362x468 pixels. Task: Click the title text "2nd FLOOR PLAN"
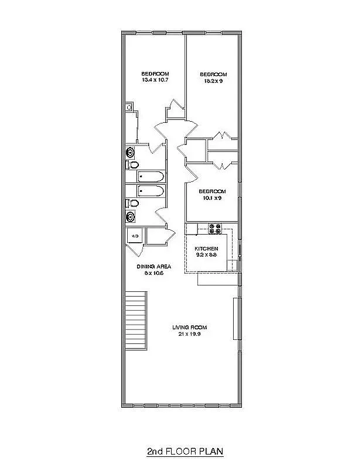tap(185, 451)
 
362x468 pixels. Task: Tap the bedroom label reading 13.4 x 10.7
tap(155, 80)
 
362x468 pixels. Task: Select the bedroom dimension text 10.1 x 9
tap(211, 198)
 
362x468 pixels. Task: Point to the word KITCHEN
tap(206, 249)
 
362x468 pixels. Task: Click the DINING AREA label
tap(153, 266)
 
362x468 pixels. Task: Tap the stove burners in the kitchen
tap(213, 226)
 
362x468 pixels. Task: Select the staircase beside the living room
tap(135, 321)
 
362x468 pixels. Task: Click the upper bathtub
tap(151, 176)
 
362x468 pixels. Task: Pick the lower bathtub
tap(151, 191)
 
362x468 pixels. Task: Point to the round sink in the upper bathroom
tap(130, 152)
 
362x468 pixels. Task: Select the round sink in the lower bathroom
tap(130, 216)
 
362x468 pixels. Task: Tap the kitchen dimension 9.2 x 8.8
tap(206, 255)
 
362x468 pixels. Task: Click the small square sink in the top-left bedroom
tap(129, 108)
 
